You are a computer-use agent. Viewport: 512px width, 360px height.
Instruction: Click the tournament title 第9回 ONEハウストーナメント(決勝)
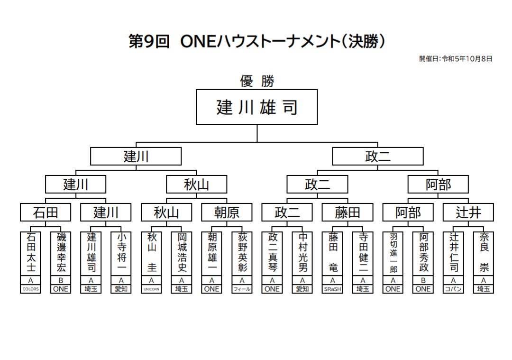(x=256, y=42)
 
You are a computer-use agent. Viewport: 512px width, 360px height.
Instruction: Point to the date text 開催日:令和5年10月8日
(x=456, y=59)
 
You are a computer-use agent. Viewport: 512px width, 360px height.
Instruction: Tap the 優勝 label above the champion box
(x=257, y=82)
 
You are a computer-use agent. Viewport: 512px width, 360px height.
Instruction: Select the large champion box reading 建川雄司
(x=257, y=107)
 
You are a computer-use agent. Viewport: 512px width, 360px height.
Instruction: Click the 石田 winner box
(x=46, y=212)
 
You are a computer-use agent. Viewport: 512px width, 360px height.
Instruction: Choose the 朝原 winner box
(x=227, y=212)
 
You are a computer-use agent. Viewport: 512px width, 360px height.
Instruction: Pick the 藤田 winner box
(x=347, y=212)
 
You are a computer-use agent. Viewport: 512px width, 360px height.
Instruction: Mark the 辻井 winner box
(x=468, y=212)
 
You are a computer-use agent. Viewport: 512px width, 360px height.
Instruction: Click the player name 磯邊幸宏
(x=61, y=252)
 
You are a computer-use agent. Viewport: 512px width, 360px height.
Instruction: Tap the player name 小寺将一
(x=121, y=252)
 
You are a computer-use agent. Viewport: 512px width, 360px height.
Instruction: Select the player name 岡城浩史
(x=182, y=252)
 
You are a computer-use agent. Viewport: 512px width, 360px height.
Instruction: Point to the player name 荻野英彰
(x=242, y=252)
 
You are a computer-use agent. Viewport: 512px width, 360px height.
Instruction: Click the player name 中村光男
(x=302, y=252)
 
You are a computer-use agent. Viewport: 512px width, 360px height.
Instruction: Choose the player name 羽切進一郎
(x=393, y=252)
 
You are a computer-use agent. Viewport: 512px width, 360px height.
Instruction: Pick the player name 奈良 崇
(x=484, y=252)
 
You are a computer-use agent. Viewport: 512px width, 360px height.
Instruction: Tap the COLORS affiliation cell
(x=30, y=289)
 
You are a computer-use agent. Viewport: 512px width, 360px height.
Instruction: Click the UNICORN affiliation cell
(x=151, y=289)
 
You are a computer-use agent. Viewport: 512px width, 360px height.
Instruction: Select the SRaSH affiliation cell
(x=332, y=289)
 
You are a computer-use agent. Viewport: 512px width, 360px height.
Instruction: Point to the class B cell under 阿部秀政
(x=423, y=281)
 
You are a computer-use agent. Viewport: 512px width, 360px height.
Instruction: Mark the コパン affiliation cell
(x=453, y=289)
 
